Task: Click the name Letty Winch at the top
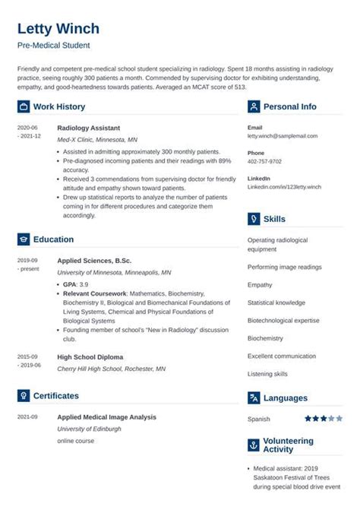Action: [x=58, y=29]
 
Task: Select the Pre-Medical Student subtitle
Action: [x=52, y=46]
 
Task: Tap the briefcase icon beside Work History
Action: [x=23, y=107]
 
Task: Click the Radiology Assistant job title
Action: [x=88, y=128]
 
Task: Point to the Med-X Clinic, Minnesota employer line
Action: [x=97, y=141]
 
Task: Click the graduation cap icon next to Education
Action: [x=23, y=239]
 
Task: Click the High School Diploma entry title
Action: [x=90, y=356]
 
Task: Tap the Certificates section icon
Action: [x=23, y=396]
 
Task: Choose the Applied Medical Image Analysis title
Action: [x=106, y=417]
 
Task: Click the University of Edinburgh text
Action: [x=90, y=429]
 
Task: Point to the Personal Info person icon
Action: [x=254, y=107]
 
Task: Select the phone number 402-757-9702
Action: [x=264, y=161]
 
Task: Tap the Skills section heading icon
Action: [x=254, y=219]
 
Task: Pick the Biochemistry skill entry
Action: [x=265, y=338]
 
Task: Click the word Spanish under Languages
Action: [x=259, y=419]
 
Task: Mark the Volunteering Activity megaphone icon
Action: [x=254, y=445]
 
